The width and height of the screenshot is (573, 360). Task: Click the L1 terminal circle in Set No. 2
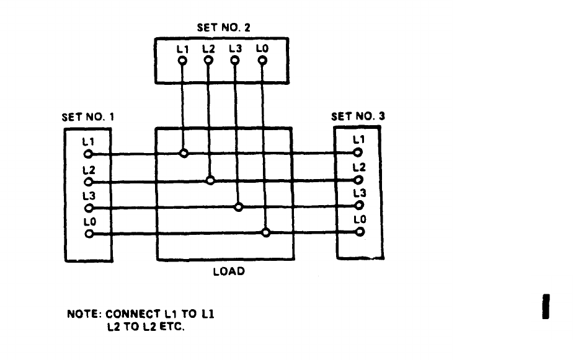pos(182,61)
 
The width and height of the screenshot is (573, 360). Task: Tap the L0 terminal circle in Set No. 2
pos(262,61)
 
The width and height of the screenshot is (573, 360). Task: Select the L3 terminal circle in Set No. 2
pos(235,61)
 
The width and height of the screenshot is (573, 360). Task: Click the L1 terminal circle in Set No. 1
pos(88,154)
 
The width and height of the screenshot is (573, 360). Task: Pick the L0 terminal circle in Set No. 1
pos(88,234)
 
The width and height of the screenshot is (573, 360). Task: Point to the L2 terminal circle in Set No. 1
pos(88,182)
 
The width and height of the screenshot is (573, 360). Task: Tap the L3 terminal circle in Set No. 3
pos(358,206)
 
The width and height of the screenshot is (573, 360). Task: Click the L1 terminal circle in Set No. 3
pos(358,152)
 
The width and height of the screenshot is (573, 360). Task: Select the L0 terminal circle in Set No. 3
pos(358,232)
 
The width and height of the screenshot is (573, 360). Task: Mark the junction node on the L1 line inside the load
pos(184,153)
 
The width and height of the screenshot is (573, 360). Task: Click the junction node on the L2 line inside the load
pos(210,180)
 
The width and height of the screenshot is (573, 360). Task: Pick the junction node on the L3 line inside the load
pos(238,207)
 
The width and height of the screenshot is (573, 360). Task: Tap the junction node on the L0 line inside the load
pos(265,233)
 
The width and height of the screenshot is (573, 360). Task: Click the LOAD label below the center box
pos(229,271)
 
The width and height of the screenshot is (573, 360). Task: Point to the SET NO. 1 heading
pos(87,116)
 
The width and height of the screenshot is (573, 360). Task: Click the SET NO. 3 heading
pos(358,116)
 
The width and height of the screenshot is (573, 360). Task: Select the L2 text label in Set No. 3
pos(359,168)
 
